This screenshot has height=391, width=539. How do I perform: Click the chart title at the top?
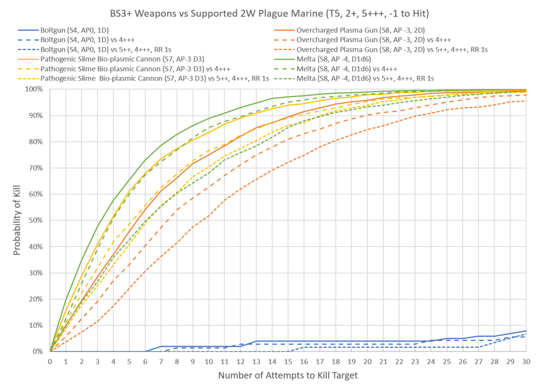(x=269, y=13)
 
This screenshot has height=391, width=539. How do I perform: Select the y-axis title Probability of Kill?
(x=17, y=220)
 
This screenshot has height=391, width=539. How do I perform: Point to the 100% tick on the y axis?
(x=36, y=89)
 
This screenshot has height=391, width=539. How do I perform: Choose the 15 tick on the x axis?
(x=288, y=361)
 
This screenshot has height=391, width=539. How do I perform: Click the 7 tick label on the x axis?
(x=161, y=361)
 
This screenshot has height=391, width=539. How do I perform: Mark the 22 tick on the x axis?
(x=399, y=361)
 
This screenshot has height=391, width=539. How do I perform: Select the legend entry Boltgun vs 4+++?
(x=92, y=40)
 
